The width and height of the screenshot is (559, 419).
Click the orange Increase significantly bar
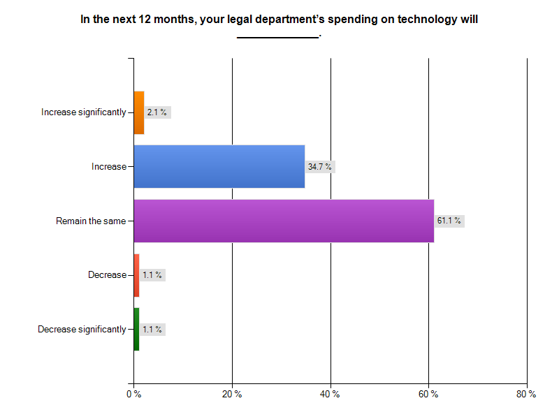pos(139,112)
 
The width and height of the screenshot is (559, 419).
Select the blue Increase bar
pos(219,166)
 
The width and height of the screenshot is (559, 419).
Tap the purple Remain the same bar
pos(284,221)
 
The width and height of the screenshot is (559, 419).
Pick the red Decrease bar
pos(136,275)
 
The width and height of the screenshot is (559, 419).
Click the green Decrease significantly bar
pos(136,329)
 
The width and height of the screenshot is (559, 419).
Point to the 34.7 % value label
pos(319,167)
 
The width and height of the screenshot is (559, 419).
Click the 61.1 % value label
pos(449,221)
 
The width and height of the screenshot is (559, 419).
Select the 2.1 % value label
pos(157,112)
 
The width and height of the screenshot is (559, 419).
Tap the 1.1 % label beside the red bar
pos(152,275)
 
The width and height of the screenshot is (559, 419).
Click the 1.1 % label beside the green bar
pos(152,329)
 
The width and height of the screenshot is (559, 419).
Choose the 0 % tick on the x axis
pos(133,395)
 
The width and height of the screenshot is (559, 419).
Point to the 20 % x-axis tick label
pos(232,395)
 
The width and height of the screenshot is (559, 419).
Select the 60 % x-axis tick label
pos(428,395)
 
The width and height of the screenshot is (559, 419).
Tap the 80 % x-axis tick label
pos(526,395)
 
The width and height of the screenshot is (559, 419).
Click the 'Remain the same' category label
pos(91,221)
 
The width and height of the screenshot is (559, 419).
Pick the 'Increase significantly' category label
pos(84,112)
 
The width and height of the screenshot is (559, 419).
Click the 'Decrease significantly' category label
pos(82,329)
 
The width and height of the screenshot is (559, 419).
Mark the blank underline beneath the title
pos(277,36)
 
